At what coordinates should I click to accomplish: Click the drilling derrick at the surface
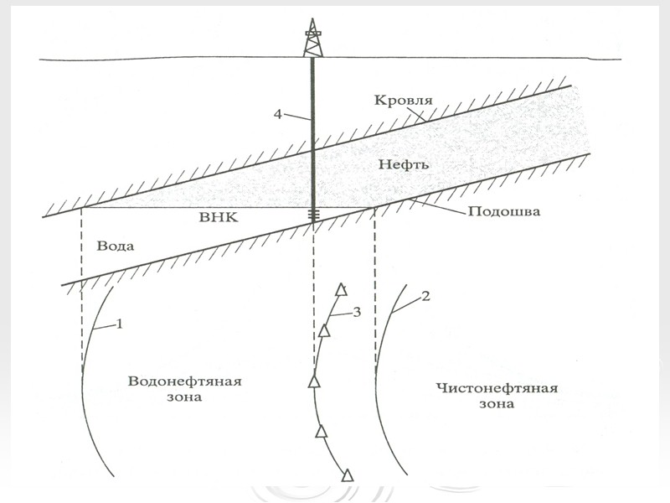[312, 38]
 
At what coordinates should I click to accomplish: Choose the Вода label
[115, 247]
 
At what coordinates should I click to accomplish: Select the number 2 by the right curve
[425, 298]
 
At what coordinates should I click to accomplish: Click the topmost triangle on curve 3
[341, 290]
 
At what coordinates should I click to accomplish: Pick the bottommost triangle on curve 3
[348, 475]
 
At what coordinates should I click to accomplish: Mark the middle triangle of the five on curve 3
[315, 382]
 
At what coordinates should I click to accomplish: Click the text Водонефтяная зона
[184, 389]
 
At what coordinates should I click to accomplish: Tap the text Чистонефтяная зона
[497, 396]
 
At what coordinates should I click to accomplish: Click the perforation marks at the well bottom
[313, 215]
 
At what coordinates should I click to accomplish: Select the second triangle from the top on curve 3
[324, 330]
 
